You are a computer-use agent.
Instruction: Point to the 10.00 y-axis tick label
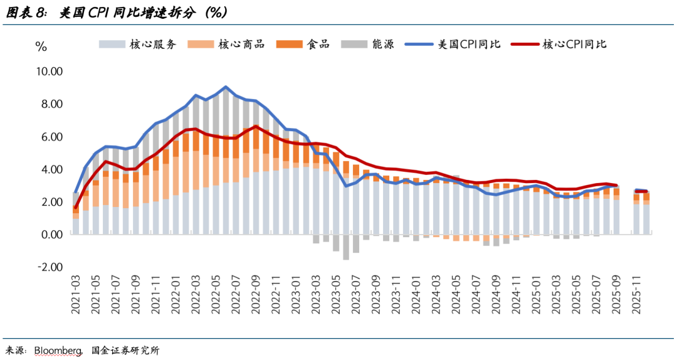[x=48, y=71]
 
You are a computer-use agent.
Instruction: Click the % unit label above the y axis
[x=41, y=46]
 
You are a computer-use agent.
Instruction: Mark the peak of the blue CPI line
[x=226, y=87]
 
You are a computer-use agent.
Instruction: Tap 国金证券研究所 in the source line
[x=125, y=350]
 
